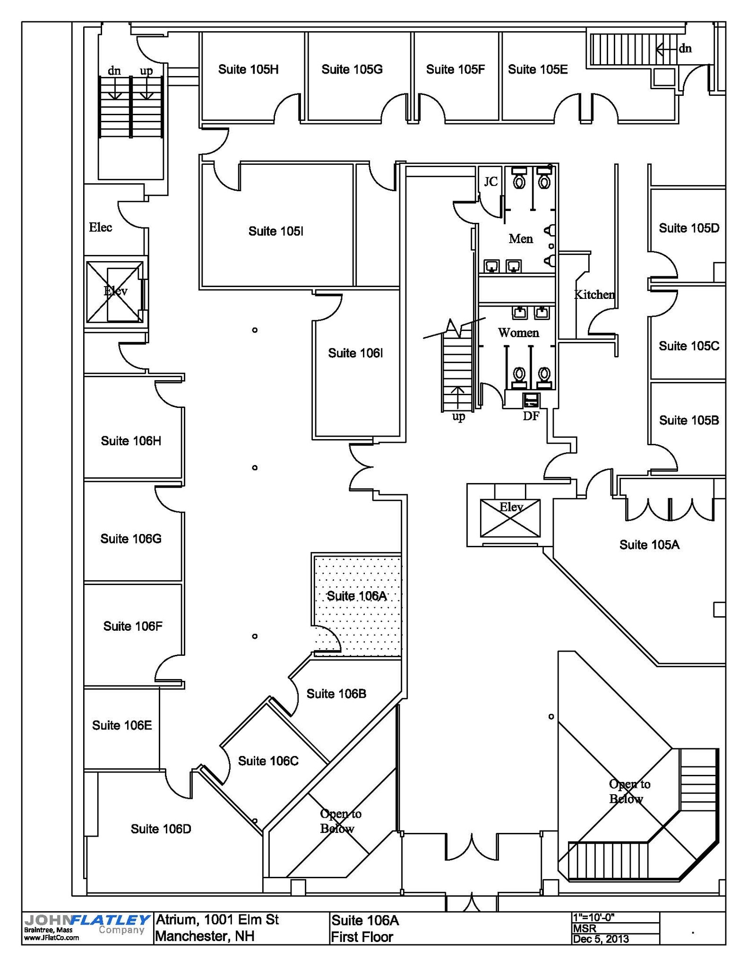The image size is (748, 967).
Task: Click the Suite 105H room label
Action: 248,69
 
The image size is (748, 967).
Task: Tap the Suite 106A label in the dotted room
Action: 357,596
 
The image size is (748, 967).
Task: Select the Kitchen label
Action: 594,295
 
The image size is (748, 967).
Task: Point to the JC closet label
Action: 491,181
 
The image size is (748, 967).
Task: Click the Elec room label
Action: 101,227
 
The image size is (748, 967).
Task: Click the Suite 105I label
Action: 275,231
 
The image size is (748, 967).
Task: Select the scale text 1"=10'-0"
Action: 593,917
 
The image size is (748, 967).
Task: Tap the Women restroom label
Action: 518,333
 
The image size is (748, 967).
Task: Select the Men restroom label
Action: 521,239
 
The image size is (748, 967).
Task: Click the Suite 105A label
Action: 649,545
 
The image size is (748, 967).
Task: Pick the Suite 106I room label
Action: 355,353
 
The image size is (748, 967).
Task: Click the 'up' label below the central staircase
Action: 458,416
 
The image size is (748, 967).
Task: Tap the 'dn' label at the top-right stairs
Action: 685,48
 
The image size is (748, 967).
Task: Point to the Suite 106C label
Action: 268,761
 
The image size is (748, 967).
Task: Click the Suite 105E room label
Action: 538,69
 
